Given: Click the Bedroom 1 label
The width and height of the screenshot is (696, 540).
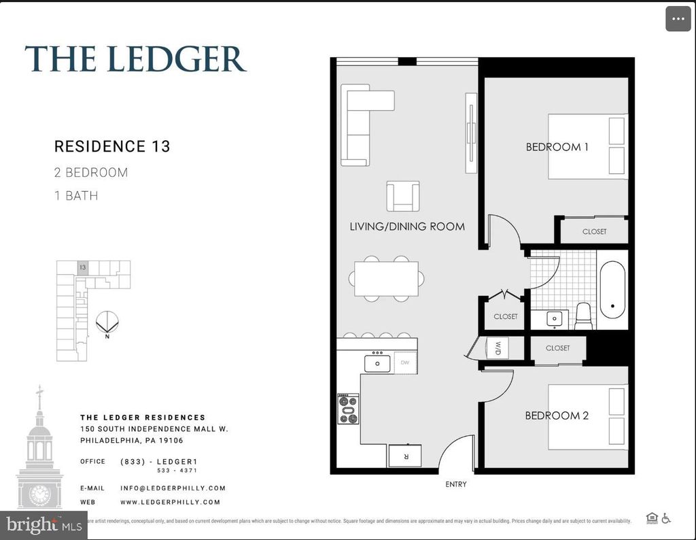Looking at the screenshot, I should point(557,147).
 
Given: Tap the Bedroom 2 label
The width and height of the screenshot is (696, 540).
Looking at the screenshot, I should point(557,416).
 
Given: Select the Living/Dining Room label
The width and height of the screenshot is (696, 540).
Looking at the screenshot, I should point(407,226).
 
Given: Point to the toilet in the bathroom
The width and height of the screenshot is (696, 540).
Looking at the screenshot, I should point(584,316).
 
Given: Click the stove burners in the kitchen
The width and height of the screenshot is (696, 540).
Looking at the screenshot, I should point(349,408).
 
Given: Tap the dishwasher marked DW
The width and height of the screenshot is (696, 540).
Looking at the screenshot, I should point(405,363).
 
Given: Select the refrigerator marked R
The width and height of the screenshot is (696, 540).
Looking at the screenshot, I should point(404,456).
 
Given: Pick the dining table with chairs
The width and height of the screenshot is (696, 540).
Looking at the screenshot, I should point(386,279).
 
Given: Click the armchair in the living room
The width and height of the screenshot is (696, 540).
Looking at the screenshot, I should point(402,197).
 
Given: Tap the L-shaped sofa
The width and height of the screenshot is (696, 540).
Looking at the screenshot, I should point(360,126).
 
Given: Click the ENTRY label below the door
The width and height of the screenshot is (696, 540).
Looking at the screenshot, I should point(456,484).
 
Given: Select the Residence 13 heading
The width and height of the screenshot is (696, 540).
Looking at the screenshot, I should point(112,146).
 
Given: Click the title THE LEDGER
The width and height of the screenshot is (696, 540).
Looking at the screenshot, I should point(135,59).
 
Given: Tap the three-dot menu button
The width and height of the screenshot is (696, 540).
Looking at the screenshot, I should point(678,19).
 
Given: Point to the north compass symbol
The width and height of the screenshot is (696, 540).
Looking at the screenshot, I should point(107,322).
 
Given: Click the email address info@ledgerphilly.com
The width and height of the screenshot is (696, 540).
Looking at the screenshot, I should point(173,488).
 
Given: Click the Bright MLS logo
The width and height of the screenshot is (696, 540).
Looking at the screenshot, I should point(42,525).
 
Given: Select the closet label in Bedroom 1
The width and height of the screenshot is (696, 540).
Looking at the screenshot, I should point(594,232).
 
